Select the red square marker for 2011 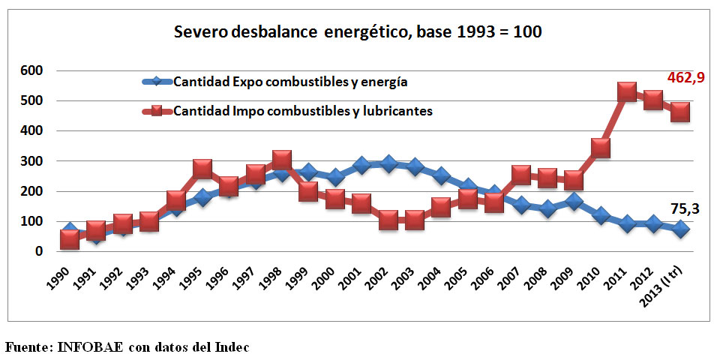click(x=628, y=92)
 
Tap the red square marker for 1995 click(x=202, y=169)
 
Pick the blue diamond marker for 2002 click(x=388, y=163)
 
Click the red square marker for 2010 click(x=600, y=148)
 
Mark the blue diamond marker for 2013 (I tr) click(x=680, y=229)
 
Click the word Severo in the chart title click(x=196, y=33)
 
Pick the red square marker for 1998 click(x=282, y=160)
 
